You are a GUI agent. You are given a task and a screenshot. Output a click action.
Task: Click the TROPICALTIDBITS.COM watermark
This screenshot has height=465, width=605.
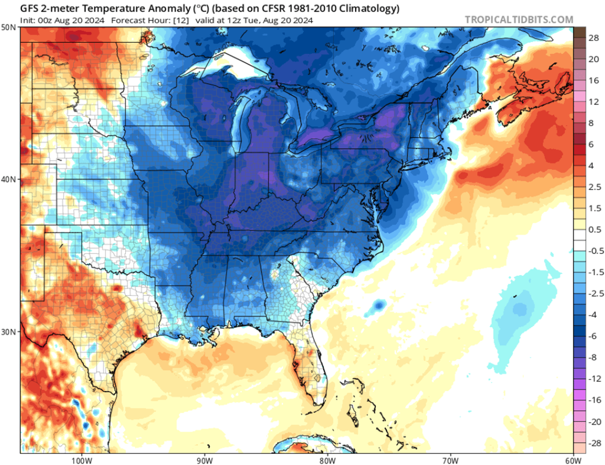(519, 20)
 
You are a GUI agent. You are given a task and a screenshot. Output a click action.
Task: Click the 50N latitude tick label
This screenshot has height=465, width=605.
(9, 28)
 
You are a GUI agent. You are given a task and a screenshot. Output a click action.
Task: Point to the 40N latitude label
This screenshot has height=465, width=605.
(9, 179)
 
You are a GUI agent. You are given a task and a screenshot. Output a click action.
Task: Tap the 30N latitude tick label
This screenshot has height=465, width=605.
(9, 331)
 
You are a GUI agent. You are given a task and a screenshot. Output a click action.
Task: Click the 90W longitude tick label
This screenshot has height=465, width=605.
(204, 460)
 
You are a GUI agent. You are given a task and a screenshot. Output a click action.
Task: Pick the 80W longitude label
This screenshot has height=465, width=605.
(327, 460)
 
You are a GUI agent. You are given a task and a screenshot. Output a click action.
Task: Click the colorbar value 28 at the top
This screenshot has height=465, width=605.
(591, 38)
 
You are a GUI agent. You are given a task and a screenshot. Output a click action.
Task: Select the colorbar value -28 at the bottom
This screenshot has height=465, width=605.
(591, 443)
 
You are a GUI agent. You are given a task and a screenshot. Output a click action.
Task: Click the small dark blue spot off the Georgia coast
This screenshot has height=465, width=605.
(378, 305)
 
